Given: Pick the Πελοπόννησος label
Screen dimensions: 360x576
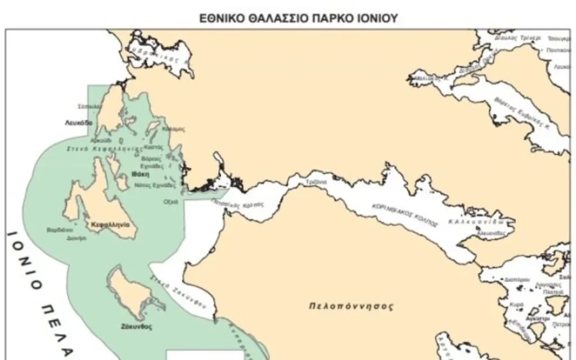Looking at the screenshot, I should pos(352,307).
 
